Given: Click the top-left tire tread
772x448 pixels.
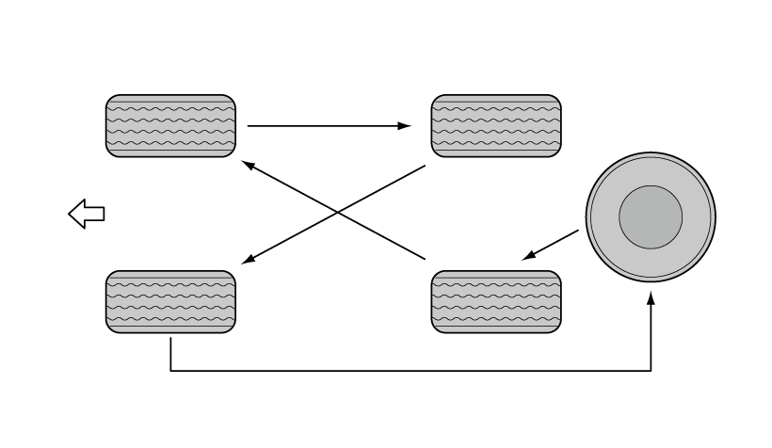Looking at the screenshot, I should click(x=170, y=125).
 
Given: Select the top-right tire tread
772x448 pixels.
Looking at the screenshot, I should click(x=496, y=125).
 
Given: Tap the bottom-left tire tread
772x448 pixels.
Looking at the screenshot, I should click(x=170, y=301).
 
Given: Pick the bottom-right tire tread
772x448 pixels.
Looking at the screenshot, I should click(x=496, y=301).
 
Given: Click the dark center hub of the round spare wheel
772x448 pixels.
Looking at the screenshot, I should click(x=651, y=216).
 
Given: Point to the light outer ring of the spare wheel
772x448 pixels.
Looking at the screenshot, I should click(x=651, y=166).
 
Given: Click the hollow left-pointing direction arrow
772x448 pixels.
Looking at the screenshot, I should click(x=87, y=214).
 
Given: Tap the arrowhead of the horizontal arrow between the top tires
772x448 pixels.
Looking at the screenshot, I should click(x=407, y=125).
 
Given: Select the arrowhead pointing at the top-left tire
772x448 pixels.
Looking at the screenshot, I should click(x=248, y=165).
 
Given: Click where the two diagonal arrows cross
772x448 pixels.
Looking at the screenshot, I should click(x=338, y=212).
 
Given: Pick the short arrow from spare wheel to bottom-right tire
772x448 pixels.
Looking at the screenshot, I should click(x=553, y=242).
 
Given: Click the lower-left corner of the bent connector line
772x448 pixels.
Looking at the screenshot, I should click(x=170, y=371).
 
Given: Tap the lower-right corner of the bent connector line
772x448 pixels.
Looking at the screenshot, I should click(x=651, y=371).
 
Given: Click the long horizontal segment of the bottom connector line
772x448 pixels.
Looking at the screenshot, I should click(x=410, y=371).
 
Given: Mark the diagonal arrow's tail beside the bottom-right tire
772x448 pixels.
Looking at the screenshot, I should click(x=423, y=256).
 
